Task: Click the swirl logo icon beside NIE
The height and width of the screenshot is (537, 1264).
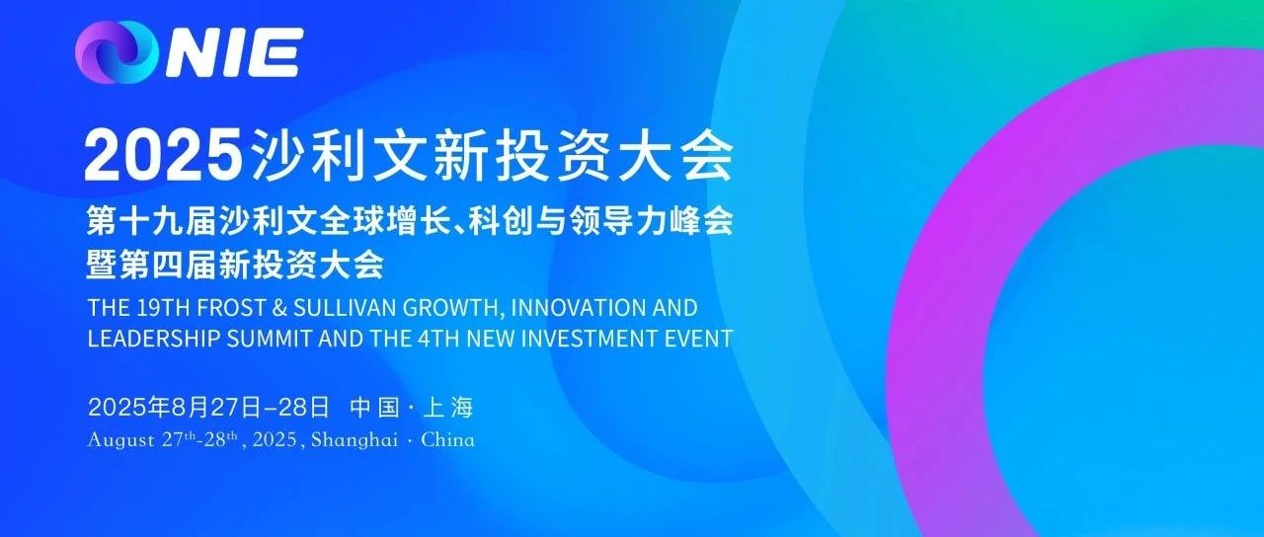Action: (117, 52)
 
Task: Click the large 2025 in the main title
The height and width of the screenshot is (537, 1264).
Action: (164, 153)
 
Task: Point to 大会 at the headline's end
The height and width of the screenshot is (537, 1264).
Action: (676, 153)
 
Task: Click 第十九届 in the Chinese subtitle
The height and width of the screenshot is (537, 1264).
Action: (152, 220)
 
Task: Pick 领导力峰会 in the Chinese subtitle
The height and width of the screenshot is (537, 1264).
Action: (652, 220)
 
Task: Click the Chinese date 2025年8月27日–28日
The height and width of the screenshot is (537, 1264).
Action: (208, 408)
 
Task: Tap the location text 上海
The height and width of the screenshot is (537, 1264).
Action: (448, 408)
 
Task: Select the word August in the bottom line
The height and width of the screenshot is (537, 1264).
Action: (120, 440)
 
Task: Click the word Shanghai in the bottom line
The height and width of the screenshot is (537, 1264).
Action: (355, 439)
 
